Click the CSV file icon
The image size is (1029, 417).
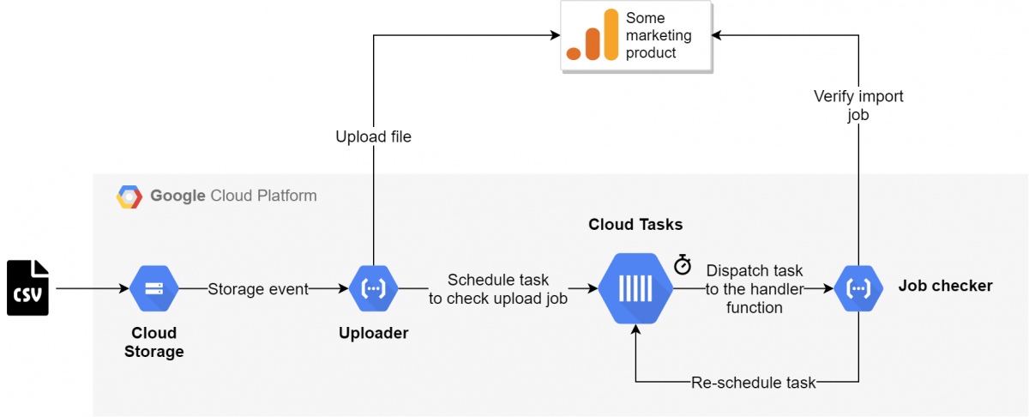tap(27, 288)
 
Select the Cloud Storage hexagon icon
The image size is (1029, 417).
tap(154, 289)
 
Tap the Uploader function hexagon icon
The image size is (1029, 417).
tap(374, 289)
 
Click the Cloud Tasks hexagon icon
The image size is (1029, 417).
tap(635, 289)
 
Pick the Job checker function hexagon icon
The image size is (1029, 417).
tap(858, 289)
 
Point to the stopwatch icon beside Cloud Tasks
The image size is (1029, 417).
tap(683, 264)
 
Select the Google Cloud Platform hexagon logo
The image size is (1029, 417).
tap(129, 196)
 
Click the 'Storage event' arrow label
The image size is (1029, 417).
tap(258, 289)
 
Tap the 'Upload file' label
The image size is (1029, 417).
tap(373, 136)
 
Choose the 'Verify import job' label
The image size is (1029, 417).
tap(858, 106)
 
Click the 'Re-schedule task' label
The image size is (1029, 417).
tap(754, 383)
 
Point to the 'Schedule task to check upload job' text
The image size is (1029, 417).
tap(498, 289)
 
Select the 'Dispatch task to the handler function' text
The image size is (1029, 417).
tap(755, 289)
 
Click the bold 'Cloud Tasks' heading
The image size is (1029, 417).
tap(635, 225)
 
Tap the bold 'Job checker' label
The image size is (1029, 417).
tap(945, 286)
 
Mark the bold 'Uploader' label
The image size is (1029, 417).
tap(373, 333)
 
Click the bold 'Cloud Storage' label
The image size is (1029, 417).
tap(154, 341)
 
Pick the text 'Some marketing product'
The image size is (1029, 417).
tap(658, 35)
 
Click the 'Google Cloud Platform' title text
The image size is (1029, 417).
tap(233, 196)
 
